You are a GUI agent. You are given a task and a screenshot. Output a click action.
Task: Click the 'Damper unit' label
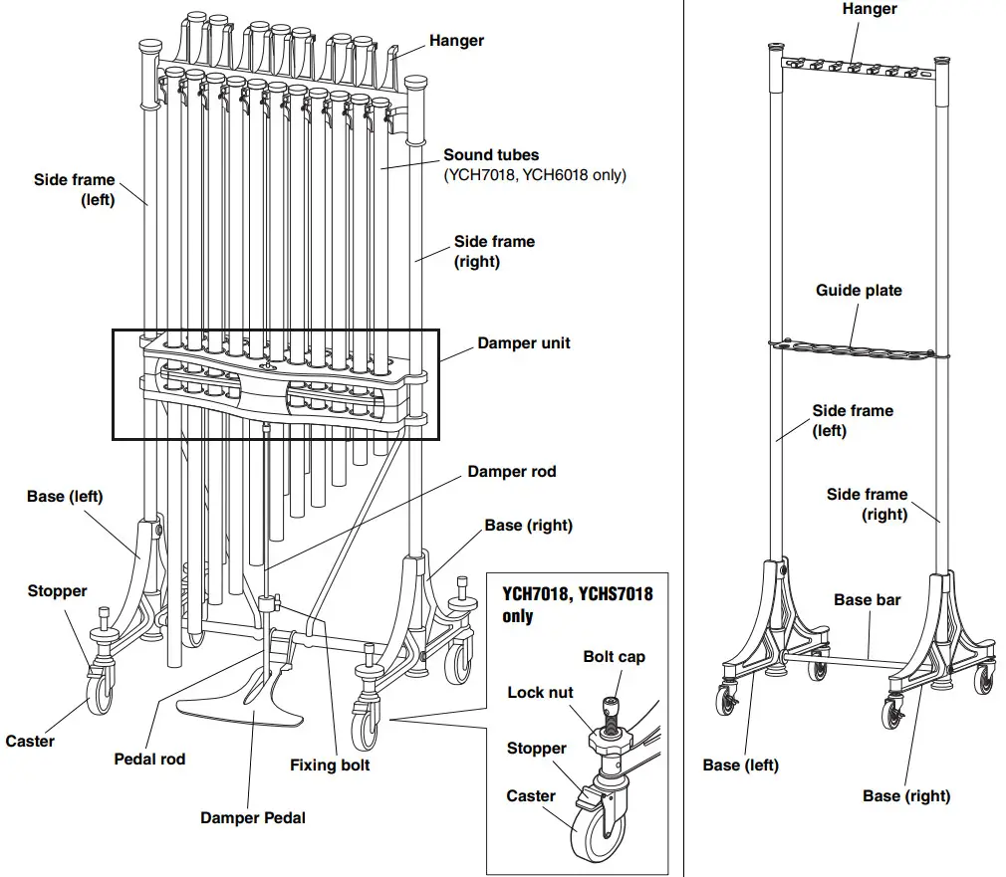pos(524,343)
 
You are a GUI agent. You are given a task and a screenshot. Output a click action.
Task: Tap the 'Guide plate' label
pos(859,291)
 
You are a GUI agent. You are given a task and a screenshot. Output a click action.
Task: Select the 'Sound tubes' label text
pos(491,155)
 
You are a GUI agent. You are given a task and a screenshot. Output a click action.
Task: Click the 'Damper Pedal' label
pos(253,817)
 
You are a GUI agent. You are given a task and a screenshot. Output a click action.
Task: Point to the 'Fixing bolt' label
pos(330,766)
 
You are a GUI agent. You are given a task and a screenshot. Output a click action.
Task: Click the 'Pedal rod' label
pos(149,760)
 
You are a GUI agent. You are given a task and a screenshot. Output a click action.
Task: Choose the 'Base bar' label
pos(867,600)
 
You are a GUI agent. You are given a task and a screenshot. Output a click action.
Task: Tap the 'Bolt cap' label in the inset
pos(614,657)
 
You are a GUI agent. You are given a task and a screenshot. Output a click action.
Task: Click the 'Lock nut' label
pos(540,693)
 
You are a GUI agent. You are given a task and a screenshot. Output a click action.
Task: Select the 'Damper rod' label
pos(511,472)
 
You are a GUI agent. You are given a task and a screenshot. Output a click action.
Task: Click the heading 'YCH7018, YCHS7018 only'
pos(577,604)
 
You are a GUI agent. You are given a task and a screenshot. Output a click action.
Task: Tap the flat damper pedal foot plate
pos(239,708)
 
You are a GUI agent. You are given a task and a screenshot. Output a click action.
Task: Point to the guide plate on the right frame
pos(852,348)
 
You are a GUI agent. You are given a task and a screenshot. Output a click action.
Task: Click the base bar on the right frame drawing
pos(847,657)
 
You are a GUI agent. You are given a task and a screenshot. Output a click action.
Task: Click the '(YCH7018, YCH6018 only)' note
pos(534,175)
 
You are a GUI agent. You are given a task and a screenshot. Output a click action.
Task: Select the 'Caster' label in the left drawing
pos(30,742)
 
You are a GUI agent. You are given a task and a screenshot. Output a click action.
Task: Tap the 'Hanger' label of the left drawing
pos(456,41)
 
